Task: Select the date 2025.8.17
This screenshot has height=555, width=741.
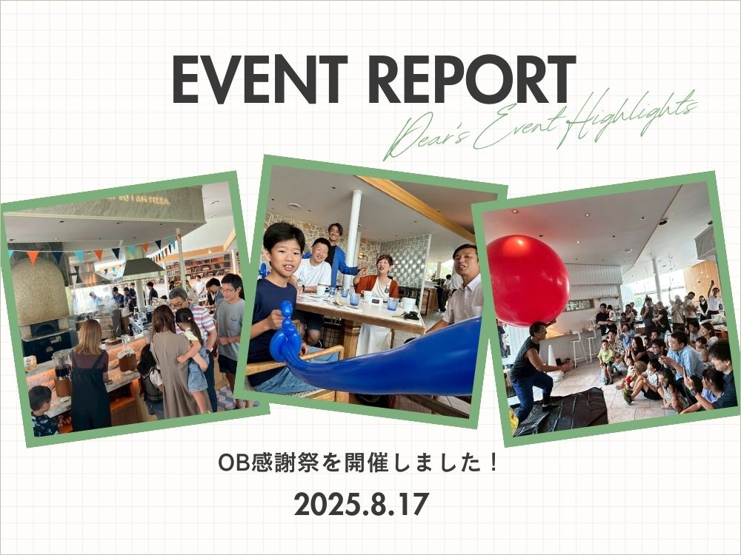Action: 361,504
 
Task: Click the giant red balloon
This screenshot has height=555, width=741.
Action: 527,280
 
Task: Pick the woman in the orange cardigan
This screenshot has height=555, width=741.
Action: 376,302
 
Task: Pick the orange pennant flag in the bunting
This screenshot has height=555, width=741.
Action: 33,258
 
